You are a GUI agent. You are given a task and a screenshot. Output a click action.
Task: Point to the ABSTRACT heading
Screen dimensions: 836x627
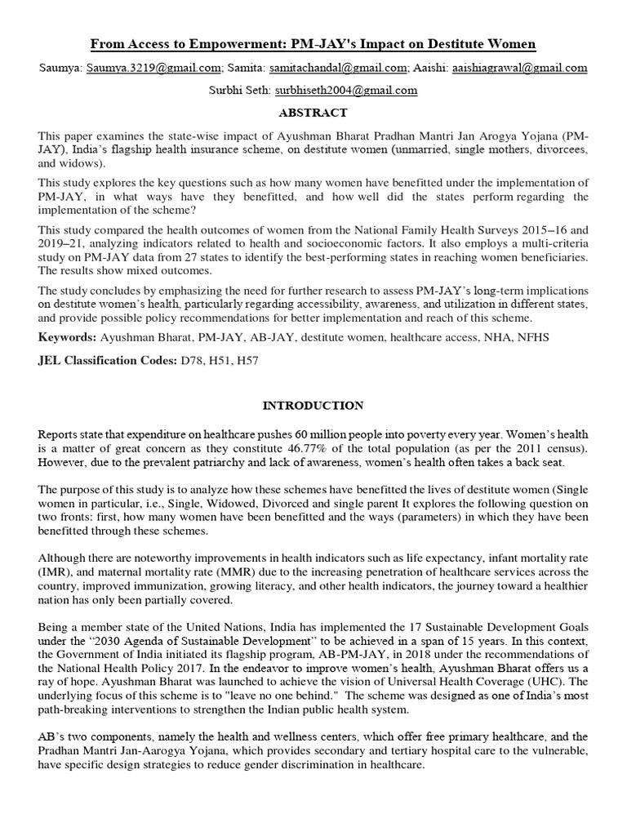point(313,113)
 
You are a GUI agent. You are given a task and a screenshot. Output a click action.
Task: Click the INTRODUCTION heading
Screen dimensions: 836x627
point(313,405)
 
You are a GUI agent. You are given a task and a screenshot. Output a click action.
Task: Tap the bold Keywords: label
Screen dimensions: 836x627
point(67,336)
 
